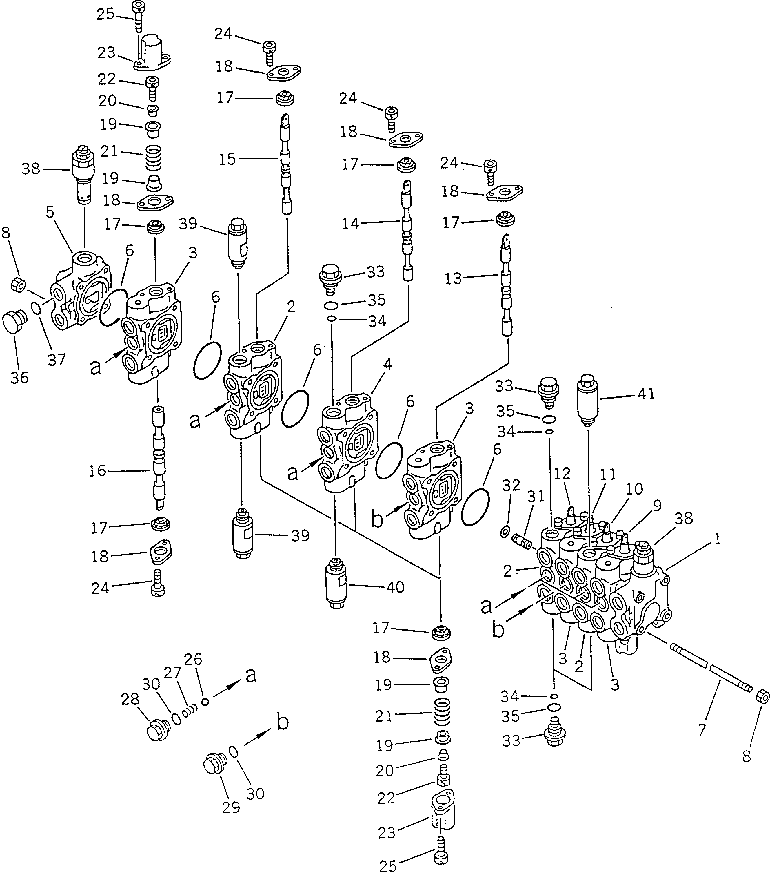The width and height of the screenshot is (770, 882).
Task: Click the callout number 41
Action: (x=646, y=394)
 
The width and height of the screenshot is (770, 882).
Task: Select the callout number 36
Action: (x=19, y=378)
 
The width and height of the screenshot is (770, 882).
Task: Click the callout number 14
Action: (x=350, y=224)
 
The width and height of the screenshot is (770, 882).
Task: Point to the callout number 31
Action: (x=535, y=497)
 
